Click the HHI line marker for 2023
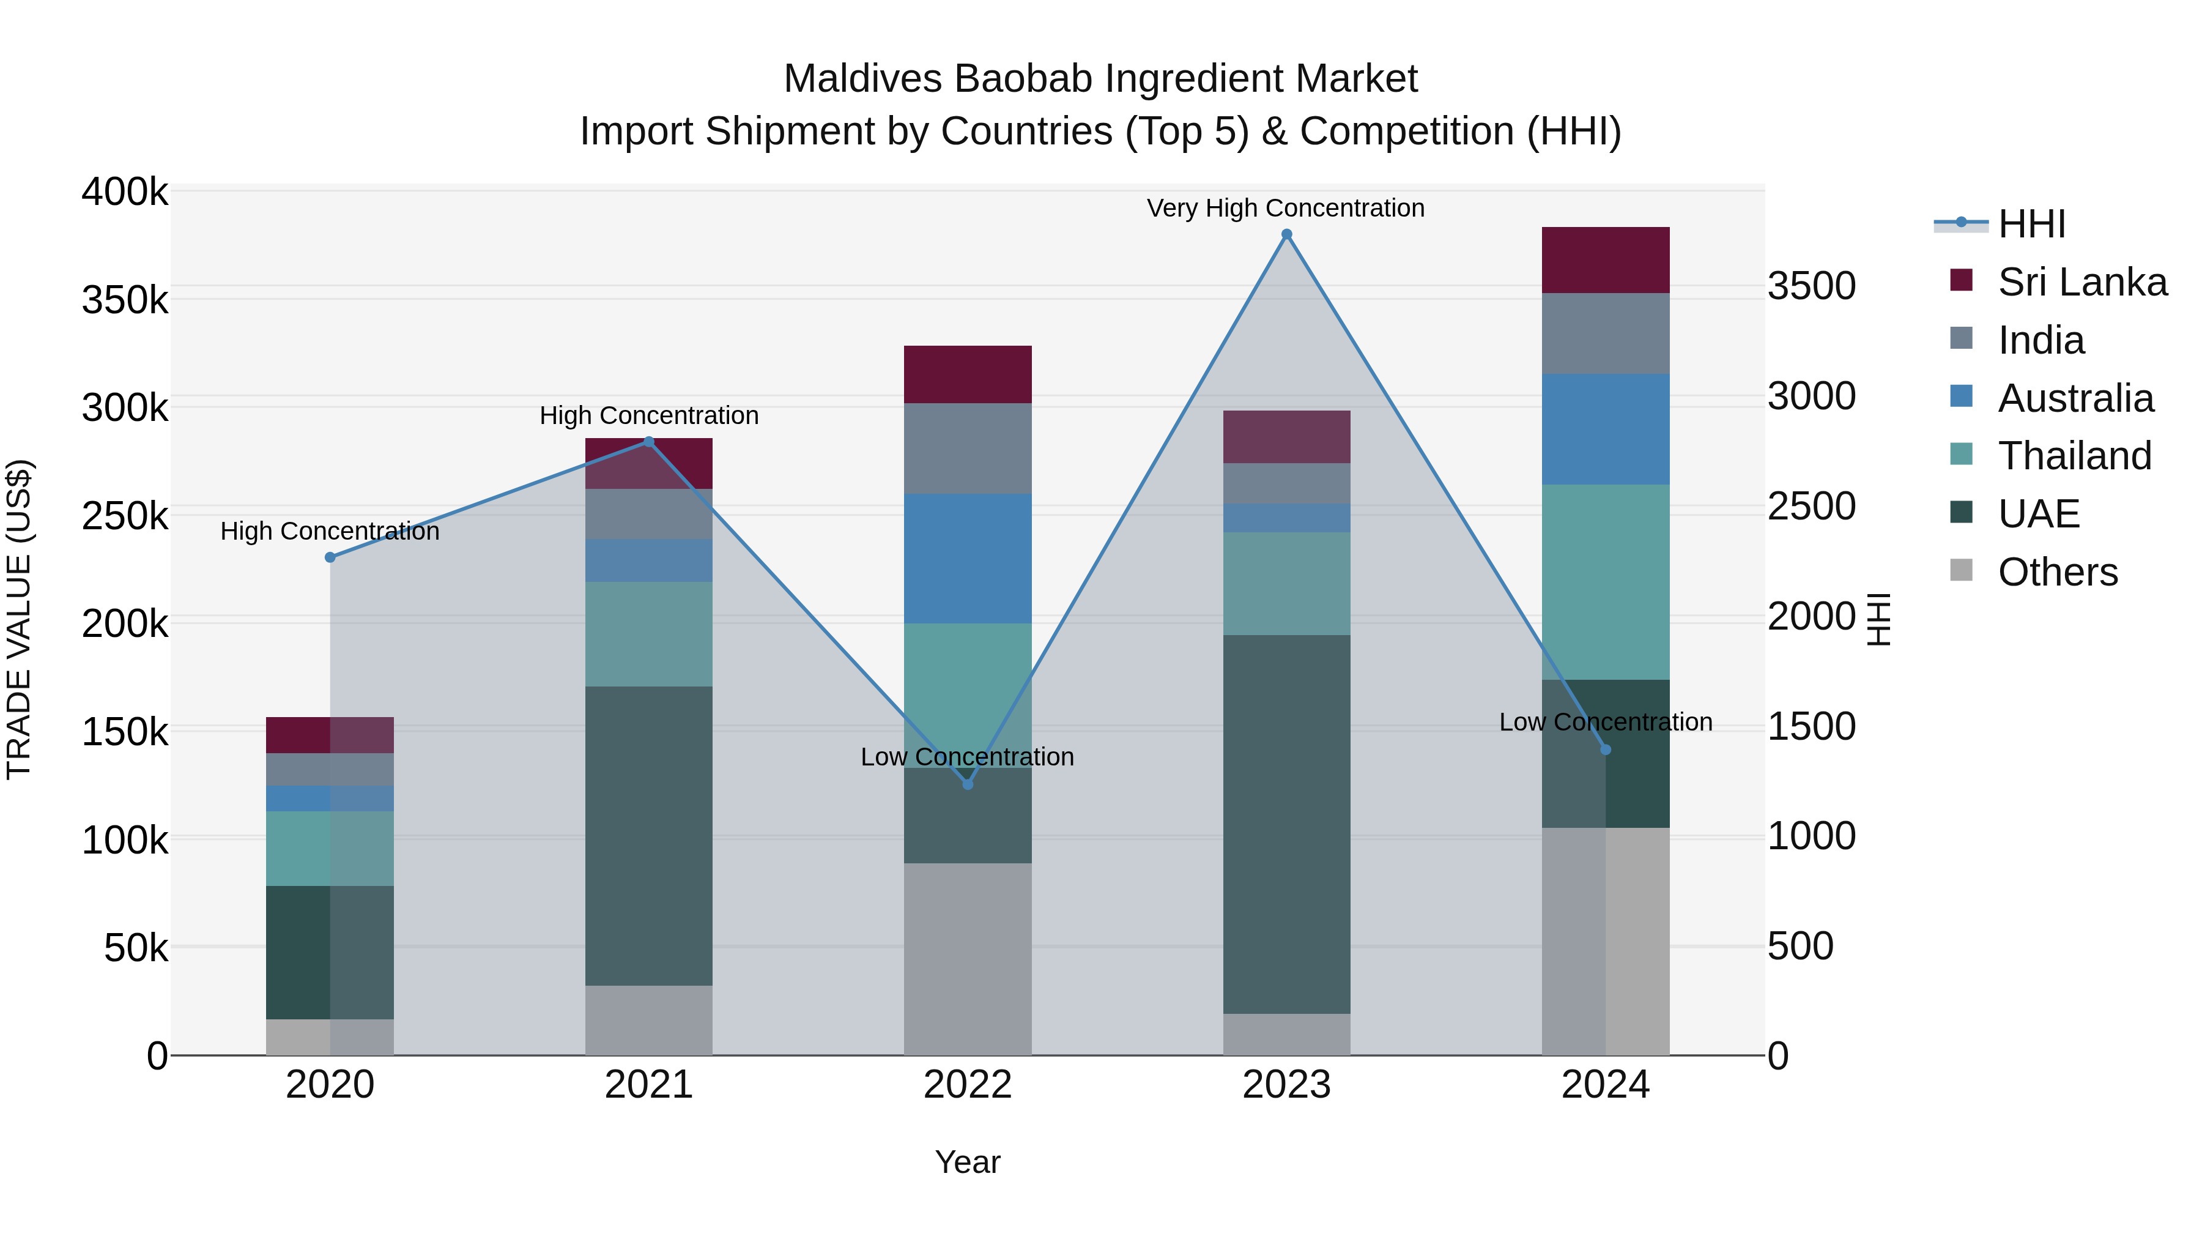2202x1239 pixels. [1286, 234]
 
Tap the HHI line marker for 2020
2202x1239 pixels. [330, 557]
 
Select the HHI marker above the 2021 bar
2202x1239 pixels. [649, 442]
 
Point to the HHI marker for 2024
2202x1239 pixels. [1606, 750]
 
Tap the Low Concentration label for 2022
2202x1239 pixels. [967, 757]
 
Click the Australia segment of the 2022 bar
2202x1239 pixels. [968, 559]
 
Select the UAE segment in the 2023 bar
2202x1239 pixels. [1286, 824]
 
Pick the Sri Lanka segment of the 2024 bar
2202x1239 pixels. [1606, 260]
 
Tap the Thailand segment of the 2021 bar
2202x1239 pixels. [649, 634]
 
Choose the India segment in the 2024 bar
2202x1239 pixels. [1606, 333]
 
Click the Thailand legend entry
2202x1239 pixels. [2074, 456]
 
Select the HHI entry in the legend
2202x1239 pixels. [2031, 224]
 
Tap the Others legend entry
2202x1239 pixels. [2056, 572]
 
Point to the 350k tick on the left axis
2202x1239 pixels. [125, 301]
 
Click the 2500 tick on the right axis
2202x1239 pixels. [1811, 506]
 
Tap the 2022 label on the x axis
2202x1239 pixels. [968, 1085]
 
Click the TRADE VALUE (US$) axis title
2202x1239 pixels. [19, 619]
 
